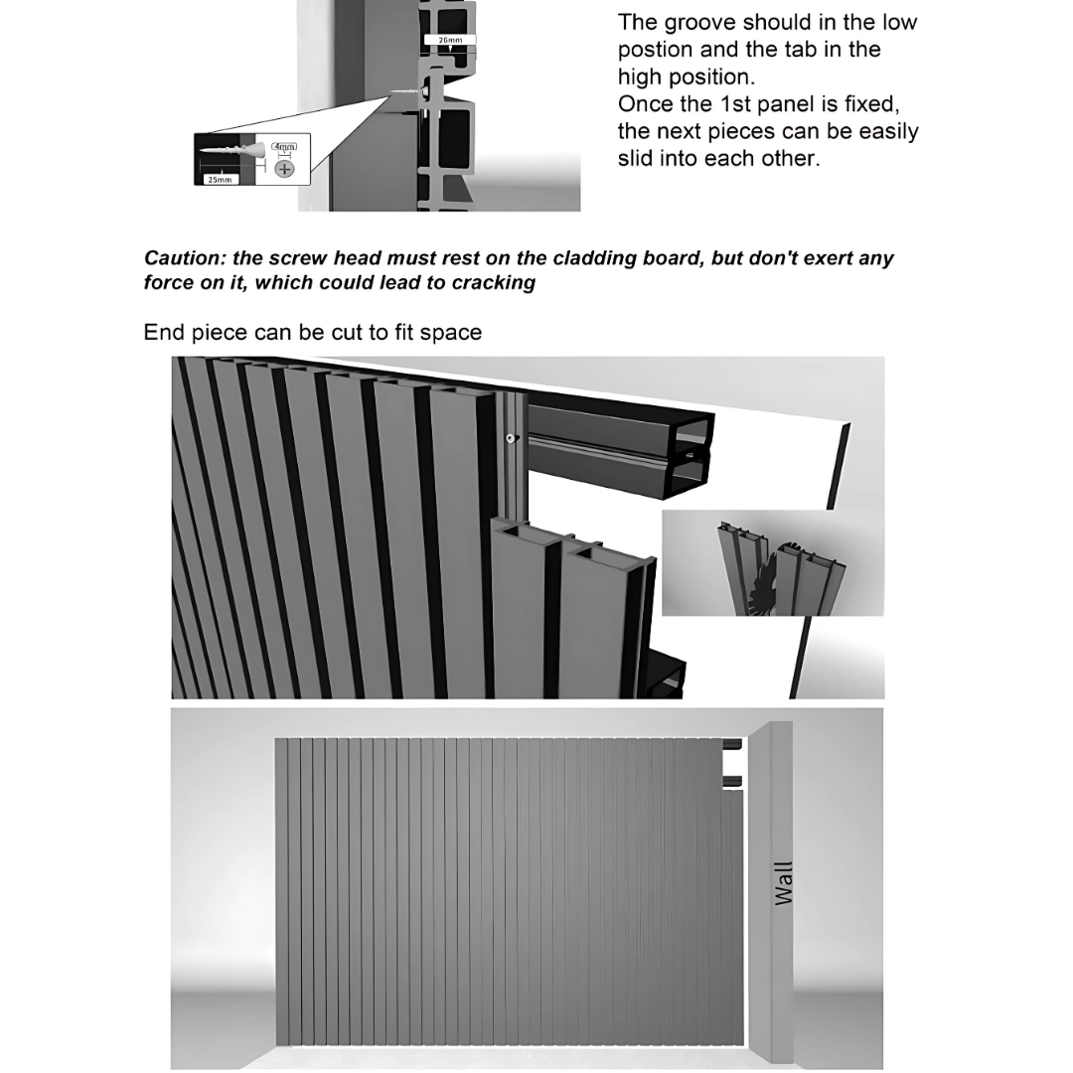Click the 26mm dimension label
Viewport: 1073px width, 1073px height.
click(450, 41)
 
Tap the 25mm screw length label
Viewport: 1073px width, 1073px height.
click(219, 180)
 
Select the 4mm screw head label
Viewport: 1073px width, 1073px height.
click(284, 147)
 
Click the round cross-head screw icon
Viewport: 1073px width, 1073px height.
click(285, 168)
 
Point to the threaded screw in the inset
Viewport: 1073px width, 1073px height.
click(236, 155)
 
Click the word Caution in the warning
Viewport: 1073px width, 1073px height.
click(184, 258)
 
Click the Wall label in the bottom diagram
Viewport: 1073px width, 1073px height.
click(784, 882)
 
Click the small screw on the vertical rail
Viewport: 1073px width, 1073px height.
click(510, 438)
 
